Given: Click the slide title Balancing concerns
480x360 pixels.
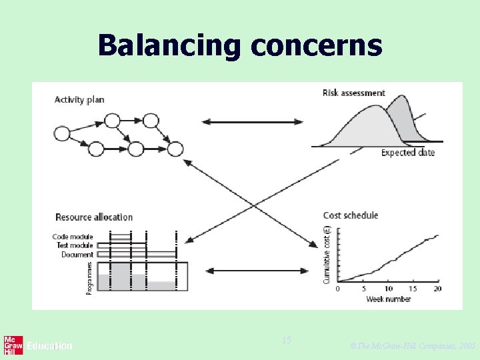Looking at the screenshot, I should tap(240, 46).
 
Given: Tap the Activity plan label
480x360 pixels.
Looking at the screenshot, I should tap(79, 100).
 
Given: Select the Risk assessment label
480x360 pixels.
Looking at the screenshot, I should tap(353, 93).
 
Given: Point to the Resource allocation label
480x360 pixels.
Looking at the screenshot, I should tap(94, 217).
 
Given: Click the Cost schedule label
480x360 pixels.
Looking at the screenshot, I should tap(350, 215).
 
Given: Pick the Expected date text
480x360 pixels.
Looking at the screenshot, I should tap(408, 153).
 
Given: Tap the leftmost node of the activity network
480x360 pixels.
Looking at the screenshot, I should tap(62, 134).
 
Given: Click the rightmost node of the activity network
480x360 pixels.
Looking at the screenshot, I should tap(176, 149).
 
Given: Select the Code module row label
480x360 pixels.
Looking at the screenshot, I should tap(73, 237).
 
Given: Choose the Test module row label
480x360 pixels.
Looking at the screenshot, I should tap(75, 245).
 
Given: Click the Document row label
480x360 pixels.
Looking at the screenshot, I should tap(77, 254).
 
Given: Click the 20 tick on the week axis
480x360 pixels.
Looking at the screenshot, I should tap(437, 289).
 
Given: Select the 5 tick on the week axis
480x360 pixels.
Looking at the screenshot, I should tap(363, 289).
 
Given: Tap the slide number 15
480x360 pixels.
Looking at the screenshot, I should tap(287, 341).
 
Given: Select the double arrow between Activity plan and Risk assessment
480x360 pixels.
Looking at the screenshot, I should tap(253, 121).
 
